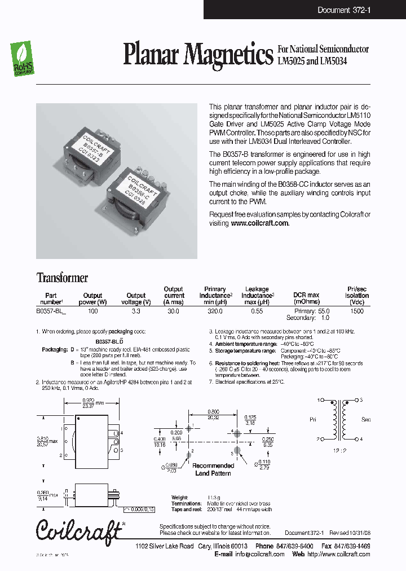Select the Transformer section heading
click(62, 278)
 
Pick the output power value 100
click(93, 311)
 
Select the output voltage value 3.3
click(136, 311)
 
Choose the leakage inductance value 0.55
click(257, 311)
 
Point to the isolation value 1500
click(356, 311)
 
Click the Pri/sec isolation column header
click(357, 295)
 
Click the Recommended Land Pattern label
click(213, 469)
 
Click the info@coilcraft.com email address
click(259, 554)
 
